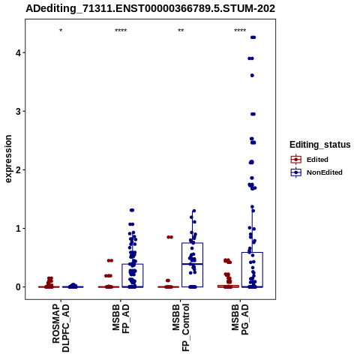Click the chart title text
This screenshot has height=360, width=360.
click(150, 8)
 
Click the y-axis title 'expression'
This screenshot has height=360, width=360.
click(8, 159)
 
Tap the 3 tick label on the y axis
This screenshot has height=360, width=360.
click(19, 111)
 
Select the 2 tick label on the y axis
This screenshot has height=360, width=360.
click(19, 169)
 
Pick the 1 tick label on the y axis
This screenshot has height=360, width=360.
click(19, 228)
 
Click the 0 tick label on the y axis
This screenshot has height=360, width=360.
click(19, 287)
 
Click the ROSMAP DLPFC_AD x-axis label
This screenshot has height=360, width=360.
click(61, 328)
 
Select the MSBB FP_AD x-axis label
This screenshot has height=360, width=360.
click(121, 319)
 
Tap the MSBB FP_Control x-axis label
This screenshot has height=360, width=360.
click(181, 328)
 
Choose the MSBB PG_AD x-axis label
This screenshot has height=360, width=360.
click(240, 319)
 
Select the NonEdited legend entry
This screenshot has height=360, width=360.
click(316, 172)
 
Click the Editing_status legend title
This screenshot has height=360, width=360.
click(320, 145)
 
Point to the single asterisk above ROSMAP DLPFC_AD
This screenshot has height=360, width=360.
click(61, 31)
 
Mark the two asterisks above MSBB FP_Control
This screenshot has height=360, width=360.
click(181, 31)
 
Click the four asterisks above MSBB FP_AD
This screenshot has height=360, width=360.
click(121, 31)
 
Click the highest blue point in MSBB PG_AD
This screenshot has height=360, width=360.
click(253, 37)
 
